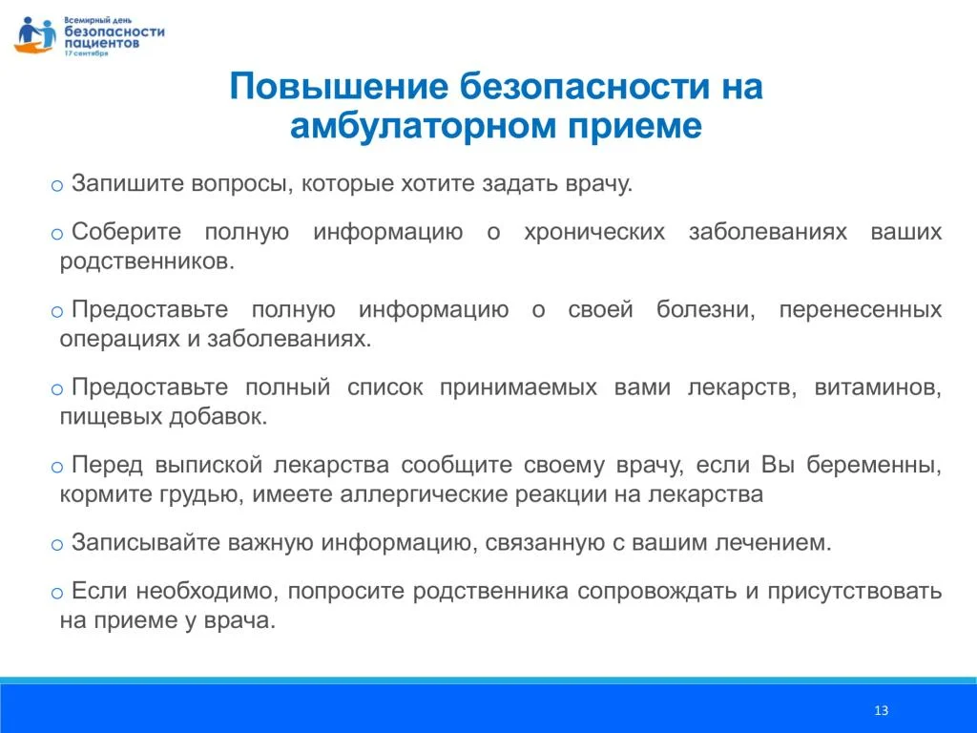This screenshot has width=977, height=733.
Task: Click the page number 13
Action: coord(881,710)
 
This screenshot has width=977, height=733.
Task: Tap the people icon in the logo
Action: coord(35,35)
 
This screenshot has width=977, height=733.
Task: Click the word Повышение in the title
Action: coord(339,86)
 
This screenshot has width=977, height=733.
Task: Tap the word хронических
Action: coord(594,232)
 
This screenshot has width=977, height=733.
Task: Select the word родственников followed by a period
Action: coord(147,262)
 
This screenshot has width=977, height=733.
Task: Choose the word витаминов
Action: coord(878,387)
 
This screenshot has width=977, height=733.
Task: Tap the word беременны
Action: coord(874,465)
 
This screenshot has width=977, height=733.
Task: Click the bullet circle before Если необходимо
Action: coord(56,593)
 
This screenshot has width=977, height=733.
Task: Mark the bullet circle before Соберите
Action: coord(56,234)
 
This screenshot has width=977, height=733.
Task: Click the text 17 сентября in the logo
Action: coord(86,53)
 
